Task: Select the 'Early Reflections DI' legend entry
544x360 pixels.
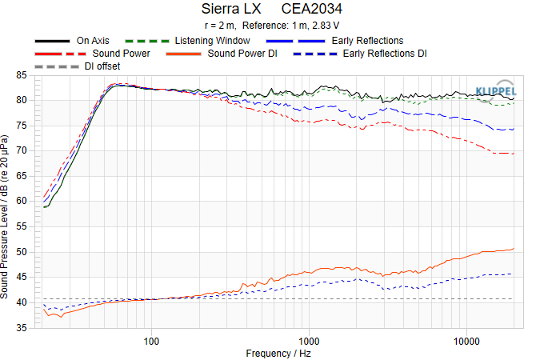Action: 384,54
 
